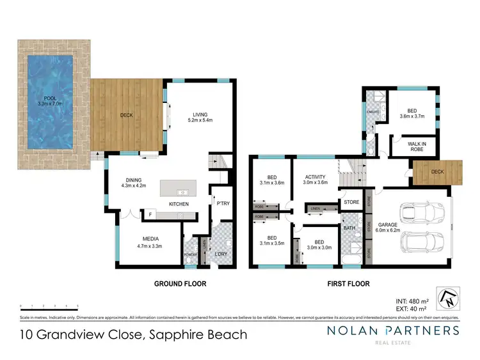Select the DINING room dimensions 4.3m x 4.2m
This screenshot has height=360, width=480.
tap(134, 186)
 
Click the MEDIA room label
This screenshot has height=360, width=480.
tap(151, 239)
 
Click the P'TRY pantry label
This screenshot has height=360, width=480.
tap(223, 203)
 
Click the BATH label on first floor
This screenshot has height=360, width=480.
tap(349, 227)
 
